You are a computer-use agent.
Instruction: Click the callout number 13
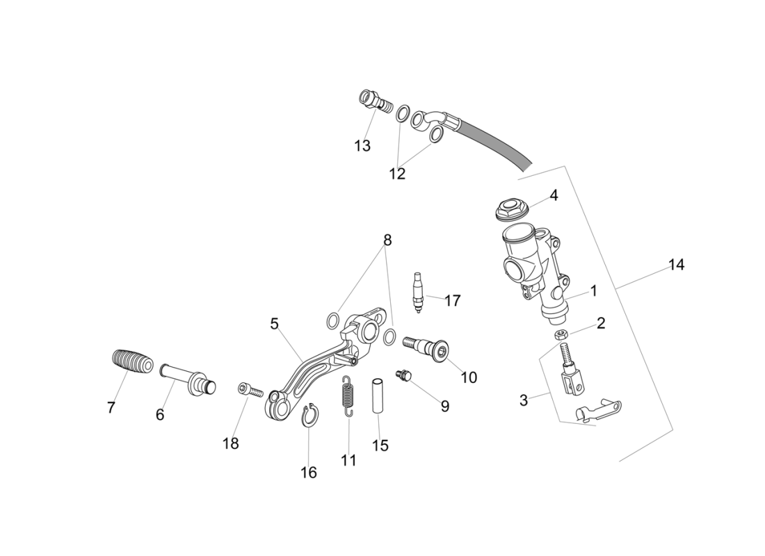362,146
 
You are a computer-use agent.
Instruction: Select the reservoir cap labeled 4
513,208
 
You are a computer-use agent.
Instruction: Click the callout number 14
676,265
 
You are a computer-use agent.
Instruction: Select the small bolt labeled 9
404,376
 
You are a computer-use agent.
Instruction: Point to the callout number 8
387,240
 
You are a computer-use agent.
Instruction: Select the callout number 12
397,174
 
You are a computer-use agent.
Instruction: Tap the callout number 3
524,400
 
